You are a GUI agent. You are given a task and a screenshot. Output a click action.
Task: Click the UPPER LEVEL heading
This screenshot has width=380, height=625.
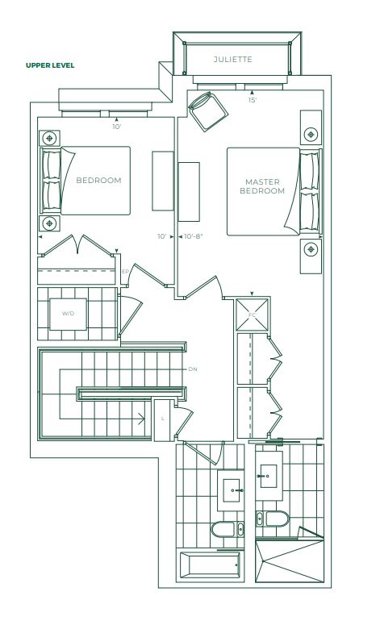pyautogui.click(x=50, y=65)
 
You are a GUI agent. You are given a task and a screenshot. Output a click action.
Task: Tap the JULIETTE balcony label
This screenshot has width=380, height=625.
pyautogui.click(x=233, y=60)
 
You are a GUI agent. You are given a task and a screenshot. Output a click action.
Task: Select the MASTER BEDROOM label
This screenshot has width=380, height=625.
pyautogui.click(x=262, y=186)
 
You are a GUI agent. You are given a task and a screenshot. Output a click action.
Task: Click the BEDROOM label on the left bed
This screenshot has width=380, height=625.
pyautogui.click(x=98, y=180)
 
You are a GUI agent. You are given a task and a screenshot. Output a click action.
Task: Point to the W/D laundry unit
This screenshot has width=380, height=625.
pyautogui.click(x=69, y=314)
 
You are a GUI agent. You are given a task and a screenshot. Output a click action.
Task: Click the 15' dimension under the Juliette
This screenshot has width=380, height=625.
pyautogui.click(x=253, y=100)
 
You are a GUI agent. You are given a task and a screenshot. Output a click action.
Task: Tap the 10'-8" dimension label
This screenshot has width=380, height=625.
pyautogui.click(x=194, y=236)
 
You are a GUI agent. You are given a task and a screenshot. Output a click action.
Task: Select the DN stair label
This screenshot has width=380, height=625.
pyautogui.click(x=193, y=369)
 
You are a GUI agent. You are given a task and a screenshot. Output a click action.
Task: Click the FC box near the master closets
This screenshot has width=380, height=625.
pyautogui.click(x=252, y=315)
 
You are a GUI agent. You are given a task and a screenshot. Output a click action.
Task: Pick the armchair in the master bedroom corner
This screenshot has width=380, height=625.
pyautogui.click(x=207, y=111)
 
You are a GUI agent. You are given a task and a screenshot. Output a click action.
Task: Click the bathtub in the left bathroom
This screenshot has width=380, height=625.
pyautogui.click(x=210, y=565)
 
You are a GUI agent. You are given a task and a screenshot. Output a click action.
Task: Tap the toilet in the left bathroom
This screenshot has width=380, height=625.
pyautogui.click(x=228, y=529)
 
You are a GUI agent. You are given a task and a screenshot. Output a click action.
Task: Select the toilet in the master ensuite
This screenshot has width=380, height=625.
pyautogui.click(x=272, y=519)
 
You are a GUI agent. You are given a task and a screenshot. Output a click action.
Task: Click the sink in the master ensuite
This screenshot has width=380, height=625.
pyautogui.click(x=269, y=476)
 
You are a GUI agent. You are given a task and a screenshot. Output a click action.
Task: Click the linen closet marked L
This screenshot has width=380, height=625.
pyautogui.click(x=164, y=419)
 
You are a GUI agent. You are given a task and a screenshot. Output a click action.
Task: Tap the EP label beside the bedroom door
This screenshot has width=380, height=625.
pyautogui.click(x=125, y=272)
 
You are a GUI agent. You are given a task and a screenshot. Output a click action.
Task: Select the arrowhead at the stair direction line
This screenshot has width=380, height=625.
pyautogui.click(x=141, y=419)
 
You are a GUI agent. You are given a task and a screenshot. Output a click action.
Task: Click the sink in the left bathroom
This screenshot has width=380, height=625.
pyautogui.click(x=231, y=490)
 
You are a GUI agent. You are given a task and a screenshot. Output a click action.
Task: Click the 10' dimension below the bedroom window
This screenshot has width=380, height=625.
pyautogui.click(x=116, y=127)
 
